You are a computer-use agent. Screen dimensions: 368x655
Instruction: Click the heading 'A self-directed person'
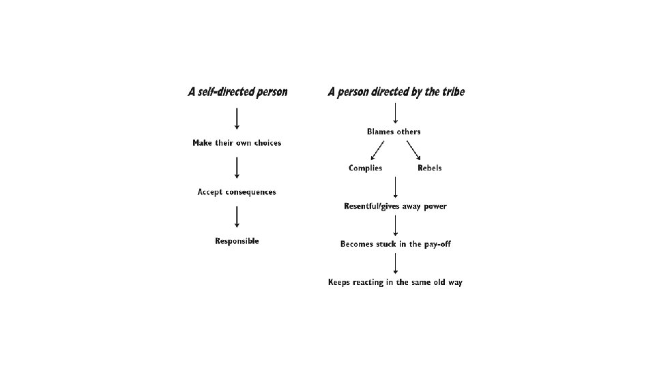pos(237,92)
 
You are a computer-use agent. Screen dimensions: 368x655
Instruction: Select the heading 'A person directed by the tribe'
pos(396,92)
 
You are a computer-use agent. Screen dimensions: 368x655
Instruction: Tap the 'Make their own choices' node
pos(237,143)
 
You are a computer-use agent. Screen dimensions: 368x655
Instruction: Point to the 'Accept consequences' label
pos(237,192)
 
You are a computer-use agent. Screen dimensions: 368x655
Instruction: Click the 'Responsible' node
pos(237,241)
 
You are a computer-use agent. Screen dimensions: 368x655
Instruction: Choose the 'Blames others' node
pos(394,132)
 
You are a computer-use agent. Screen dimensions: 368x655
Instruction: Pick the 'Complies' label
pos(366,168)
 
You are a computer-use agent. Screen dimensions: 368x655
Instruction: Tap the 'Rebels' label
pos(430,168)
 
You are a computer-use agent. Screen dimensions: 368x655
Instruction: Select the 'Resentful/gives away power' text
pos(396,206)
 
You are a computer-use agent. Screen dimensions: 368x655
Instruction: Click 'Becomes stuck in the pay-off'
pos(396,244)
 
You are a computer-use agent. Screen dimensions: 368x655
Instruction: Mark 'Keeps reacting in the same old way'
pos(395,282)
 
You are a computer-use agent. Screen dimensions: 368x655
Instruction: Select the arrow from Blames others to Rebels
pos(413,149)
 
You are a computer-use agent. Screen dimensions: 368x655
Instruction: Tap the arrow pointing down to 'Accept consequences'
pos(237,167)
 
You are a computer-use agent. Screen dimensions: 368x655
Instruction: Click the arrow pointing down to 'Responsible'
pos(237,216)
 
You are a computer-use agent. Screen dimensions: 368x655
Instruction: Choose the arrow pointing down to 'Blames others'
pos(396,112)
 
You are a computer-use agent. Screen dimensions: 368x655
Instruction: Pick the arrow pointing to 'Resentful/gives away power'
pos(396,187)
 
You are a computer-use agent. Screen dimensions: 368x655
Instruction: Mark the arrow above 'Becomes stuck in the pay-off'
pos(396,225)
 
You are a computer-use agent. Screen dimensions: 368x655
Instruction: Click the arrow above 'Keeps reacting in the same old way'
pos(396,263)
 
